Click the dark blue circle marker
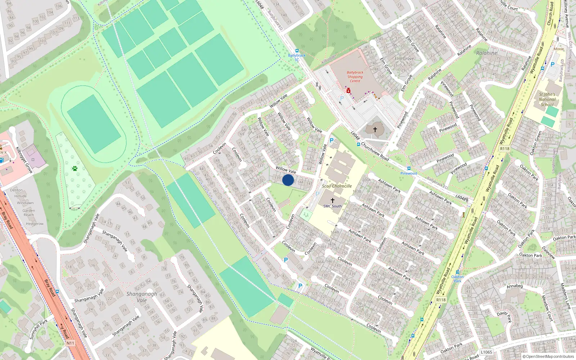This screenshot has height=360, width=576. [288, 180]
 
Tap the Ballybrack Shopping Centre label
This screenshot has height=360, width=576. [355, 77]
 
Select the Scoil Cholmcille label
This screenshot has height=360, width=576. [337, 186]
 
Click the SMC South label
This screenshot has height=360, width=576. [332, 206]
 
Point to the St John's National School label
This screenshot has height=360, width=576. [547, 99]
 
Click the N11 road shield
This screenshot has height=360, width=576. [70, 343]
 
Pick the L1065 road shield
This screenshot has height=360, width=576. [486, 352]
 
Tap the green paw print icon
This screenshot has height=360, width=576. [75, 168]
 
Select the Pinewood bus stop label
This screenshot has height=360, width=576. [409, 173]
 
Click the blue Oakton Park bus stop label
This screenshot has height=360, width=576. [458, 279]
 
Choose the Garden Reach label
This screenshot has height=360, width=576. [28, 212]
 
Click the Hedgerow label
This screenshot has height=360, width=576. [35, 224]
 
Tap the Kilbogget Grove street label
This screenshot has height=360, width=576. [24, 160]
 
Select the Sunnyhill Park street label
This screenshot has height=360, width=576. [38, 329]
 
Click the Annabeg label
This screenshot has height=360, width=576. [514, 286]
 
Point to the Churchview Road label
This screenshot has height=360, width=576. [375, 151]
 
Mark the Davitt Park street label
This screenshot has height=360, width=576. [504, 317]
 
